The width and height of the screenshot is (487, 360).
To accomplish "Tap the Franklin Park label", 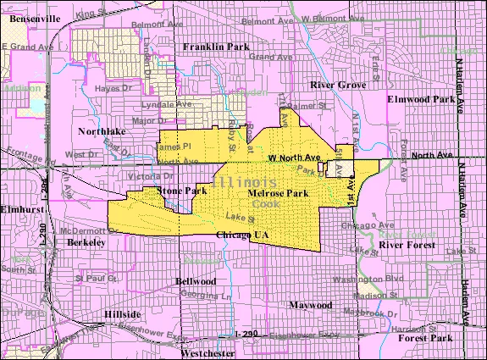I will click(217, 47).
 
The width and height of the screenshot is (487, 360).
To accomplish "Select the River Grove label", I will click(337, 86).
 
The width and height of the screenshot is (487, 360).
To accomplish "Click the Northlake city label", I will click(101, 132).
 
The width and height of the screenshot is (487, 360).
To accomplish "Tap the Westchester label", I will click(208, 353).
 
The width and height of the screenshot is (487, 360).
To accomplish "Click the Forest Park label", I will click(424, 338).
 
